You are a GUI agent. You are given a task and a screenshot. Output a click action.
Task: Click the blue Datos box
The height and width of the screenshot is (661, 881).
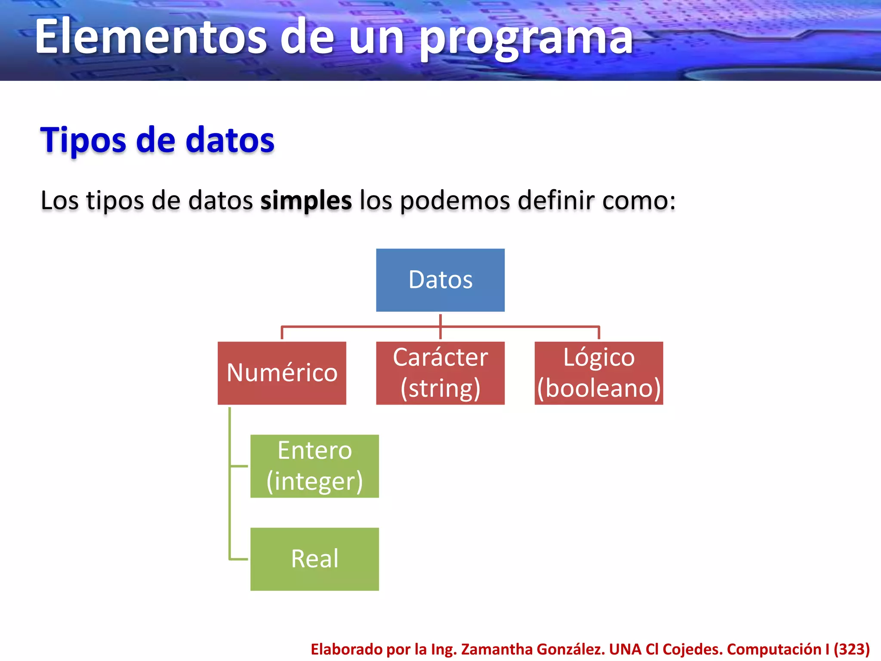(440, 280)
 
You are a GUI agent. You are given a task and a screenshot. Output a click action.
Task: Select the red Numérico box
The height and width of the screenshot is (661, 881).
(282, 373)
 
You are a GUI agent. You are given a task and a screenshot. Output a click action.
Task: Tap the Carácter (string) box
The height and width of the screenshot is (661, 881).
(440, 373)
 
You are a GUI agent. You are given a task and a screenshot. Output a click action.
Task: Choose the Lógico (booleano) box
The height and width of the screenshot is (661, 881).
(598, 373)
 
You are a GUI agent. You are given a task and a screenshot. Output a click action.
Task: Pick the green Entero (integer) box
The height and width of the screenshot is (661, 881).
(314, 466)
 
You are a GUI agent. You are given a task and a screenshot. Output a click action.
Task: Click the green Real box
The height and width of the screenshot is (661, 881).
(314, 559)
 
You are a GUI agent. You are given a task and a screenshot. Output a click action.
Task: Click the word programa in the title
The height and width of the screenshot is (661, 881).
(526, 38)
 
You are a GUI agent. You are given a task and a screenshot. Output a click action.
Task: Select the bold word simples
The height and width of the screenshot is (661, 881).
(306, 201)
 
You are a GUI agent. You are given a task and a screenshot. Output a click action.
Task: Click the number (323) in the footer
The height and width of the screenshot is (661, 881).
(852, 649)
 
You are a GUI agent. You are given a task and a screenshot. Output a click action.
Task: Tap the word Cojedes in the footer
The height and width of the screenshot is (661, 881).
(693, 649)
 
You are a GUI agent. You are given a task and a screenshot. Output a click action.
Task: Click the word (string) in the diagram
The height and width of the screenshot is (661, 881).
(440, 388)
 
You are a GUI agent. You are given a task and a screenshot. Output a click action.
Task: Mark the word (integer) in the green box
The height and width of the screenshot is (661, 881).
(314, 481)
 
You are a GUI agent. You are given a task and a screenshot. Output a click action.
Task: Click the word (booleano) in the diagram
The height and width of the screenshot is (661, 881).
(598, 388)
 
